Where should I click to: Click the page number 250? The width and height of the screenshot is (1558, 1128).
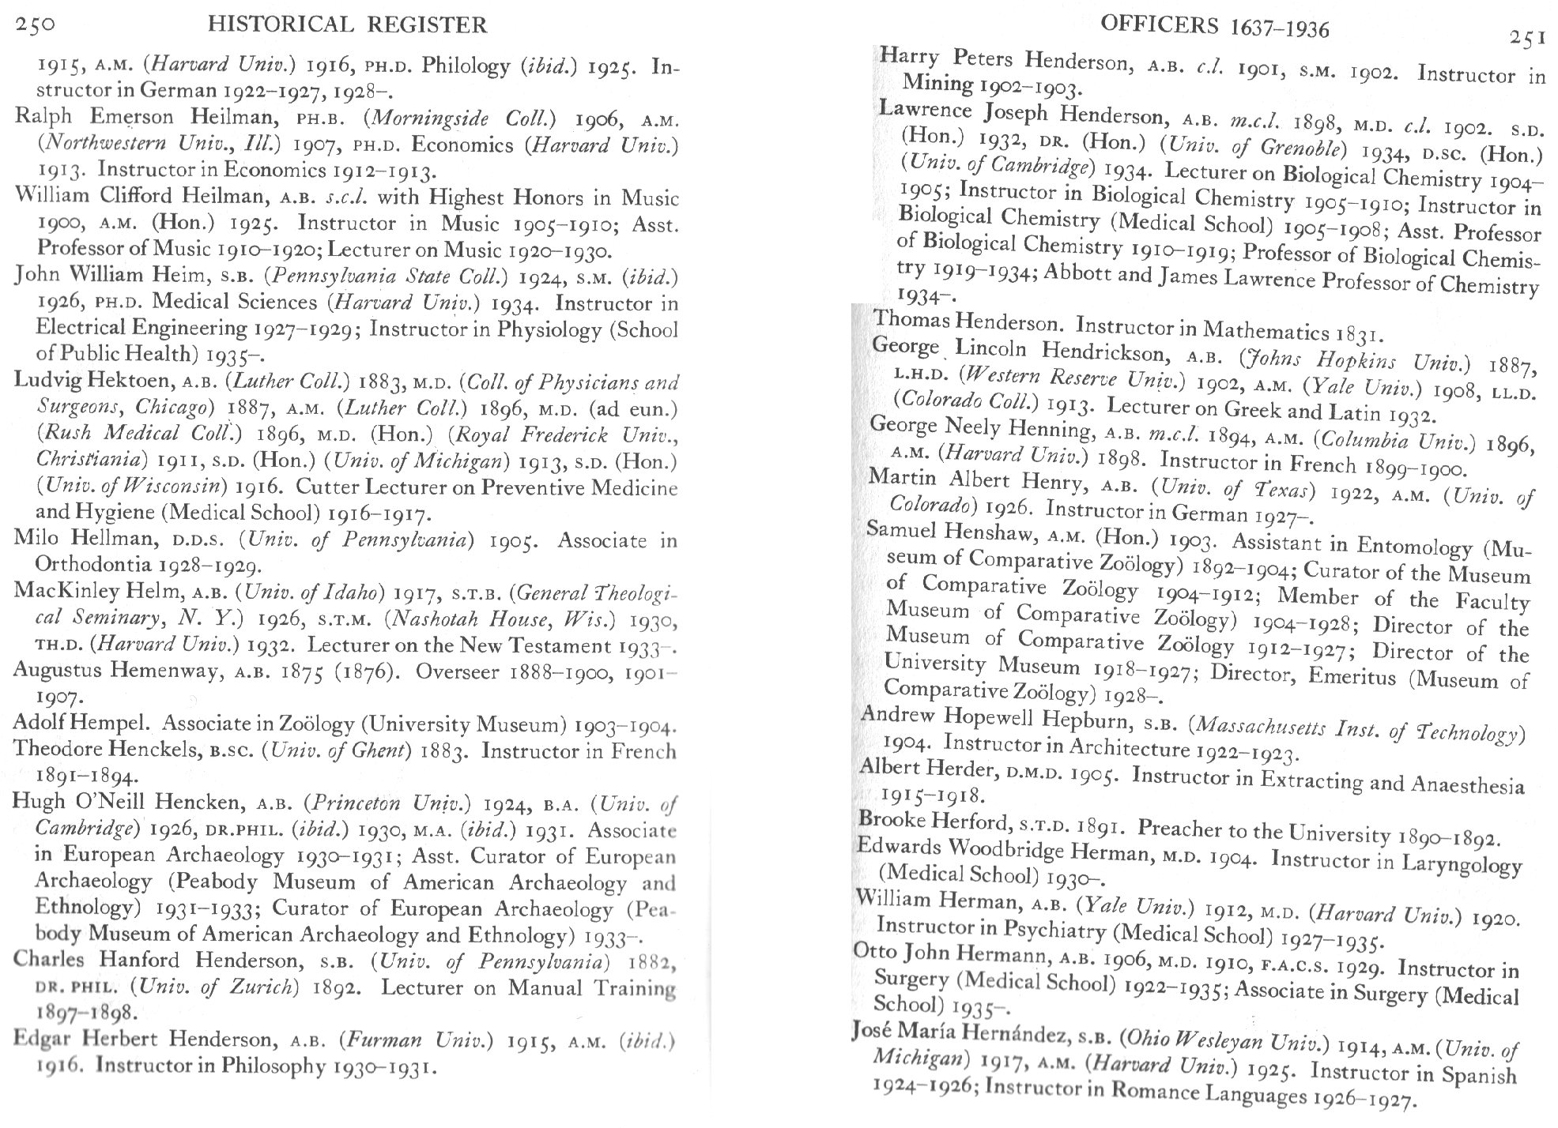point(35,24)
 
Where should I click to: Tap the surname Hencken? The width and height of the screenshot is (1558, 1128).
point(198,803)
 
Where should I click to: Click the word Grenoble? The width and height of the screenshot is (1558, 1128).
point(1300,148)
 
